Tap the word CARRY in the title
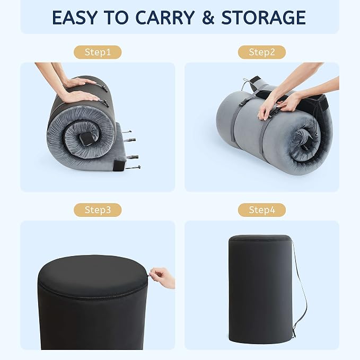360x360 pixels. pos(165,17)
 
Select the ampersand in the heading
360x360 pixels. pos(208,17)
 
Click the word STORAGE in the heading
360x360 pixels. pos(264,17)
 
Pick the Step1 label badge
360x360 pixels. pos(98,52)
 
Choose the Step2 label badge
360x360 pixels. pos(262,52)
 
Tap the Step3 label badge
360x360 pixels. pos(98,210)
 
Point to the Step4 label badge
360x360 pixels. pos(262,210)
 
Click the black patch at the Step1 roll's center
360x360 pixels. pos(85,139)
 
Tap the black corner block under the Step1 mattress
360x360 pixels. pos(119,165)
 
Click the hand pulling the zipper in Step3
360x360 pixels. pos(163,278)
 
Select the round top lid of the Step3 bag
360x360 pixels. pos(92,275)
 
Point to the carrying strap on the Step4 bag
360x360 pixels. pos(300,289)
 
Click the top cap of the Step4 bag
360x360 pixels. pos(260,238)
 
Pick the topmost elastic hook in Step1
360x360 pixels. pos(127,132)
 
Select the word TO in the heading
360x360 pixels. pos(116,17)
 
